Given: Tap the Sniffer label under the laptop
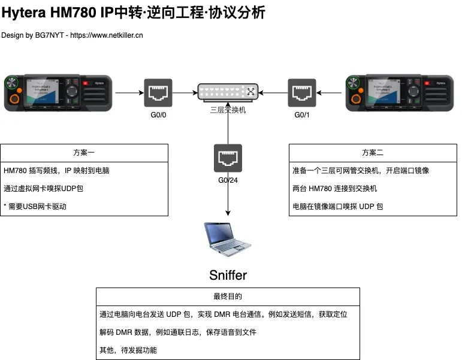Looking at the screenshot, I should coord(228,275).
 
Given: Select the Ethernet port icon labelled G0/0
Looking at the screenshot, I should coord(158,93).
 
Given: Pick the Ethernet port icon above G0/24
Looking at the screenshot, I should coord(228,159).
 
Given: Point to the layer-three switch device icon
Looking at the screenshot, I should coord(228,92).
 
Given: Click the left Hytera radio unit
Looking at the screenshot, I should coord(58,93).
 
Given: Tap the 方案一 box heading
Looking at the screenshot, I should coord(84,152).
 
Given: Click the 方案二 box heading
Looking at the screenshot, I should coord(373,152).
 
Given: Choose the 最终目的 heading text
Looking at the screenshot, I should coord(228,297).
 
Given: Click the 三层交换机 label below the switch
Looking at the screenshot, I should coord(228,110).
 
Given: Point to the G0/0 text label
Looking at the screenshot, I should coord(158,115).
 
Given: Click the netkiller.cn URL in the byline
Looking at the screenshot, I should coord(107,35).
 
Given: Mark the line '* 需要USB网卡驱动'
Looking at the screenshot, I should coord(34,206).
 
